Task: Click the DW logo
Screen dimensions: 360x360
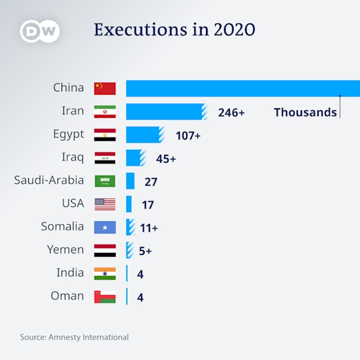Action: [40, 31]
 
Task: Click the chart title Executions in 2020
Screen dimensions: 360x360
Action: [175, 30]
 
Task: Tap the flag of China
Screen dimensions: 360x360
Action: [105, 88]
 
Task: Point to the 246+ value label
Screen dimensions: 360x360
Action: [231, 112]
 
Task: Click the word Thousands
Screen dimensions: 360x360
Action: [305, 112]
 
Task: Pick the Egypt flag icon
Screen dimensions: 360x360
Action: [105, 135]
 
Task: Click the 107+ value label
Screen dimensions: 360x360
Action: [188, 135]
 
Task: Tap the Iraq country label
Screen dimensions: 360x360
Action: [72, 157]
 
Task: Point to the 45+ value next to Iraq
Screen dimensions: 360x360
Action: [166, 158]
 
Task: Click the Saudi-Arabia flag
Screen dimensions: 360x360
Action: [105, 181]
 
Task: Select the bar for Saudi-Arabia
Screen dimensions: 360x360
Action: [130, 181]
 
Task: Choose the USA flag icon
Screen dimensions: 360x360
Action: [105, 204]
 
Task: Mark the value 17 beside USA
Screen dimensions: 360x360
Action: [148, 205]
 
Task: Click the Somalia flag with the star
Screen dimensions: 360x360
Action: [105, 227]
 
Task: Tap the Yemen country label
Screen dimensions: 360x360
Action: [65, 249]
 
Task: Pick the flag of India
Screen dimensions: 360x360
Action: [105, 274]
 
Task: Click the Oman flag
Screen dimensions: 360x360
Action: [105, 297]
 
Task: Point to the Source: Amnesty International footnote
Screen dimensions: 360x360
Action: [74, 337]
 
